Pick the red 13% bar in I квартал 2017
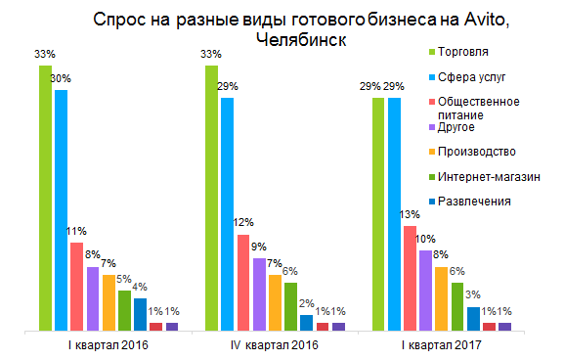(411, 279)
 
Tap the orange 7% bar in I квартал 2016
(108, 303)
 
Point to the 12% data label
(243, 221)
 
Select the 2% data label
(306, 303)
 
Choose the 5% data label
(124, 279)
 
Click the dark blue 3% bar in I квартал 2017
(473, 319)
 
